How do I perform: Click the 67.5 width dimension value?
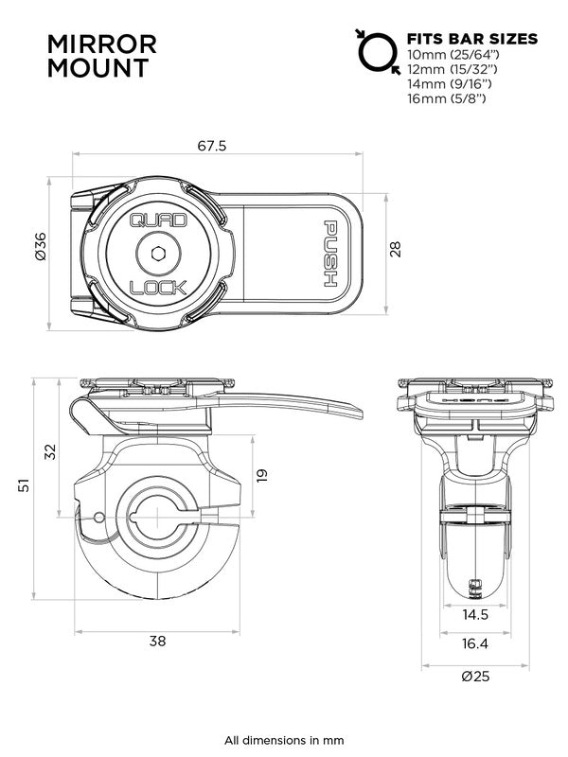click(213, 147)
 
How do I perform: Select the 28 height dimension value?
click(396, 249)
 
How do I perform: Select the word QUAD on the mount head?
click(151, 222)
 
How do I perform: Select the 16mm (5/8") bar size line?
click(446, 97)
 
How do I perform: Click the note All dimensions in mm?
click(284, 740)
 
